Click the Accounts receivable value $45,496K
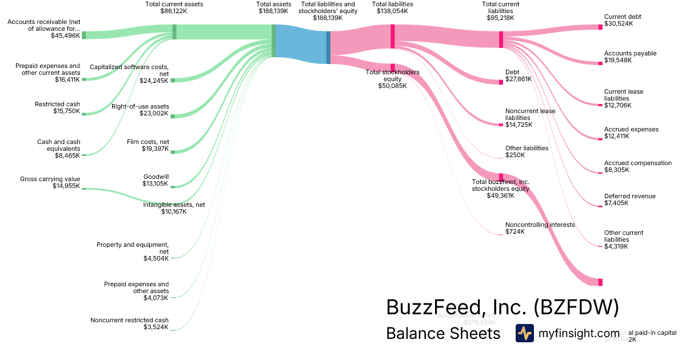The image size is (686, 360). click(65, 35)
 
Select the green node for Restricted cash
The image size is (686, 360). click(83, 114)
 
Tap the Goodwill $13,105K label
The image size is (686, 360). click(155, 180)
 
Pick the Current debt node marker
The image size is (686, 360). click(600, 27)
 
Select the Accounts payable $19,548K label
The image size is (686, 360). click(630, 57)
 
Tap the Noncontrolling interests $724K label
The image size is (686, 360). click(540, 228)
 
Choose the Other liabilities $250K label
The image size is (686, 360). click(527, 151)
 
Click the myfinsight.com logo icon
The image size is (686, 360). click(524, 333)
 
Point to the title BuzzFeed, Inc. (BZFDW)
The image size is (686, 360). click(502, 307)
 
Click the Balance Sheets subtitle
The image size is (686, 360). click(443, 333)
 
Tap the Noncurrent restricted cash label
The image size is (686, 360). click(129, 323)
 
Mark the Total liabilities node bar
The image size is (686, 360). click(393, 36)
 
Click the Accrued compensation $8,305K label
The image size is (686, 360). click(637, 166)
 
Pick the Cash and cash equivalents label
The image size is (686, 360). click(58, 145)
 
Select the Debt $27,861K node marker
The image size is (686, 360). click(501, 82)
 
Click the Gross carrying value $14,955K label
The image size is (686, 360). click(50, 182)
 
